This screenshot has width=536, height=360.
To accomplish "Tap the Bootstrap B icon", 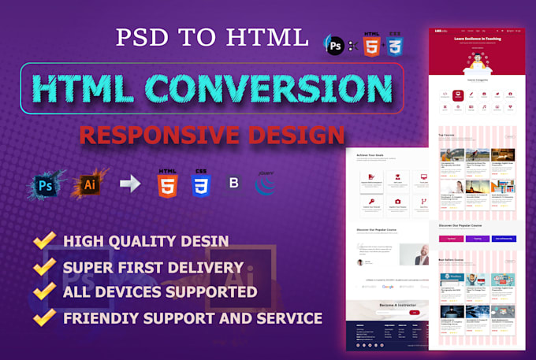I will [233, 186].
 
